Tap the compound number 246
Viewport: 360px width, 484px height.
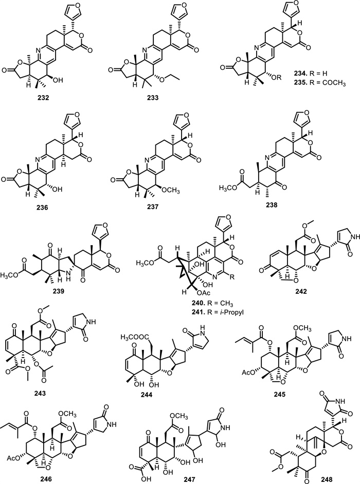(57, 474)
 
